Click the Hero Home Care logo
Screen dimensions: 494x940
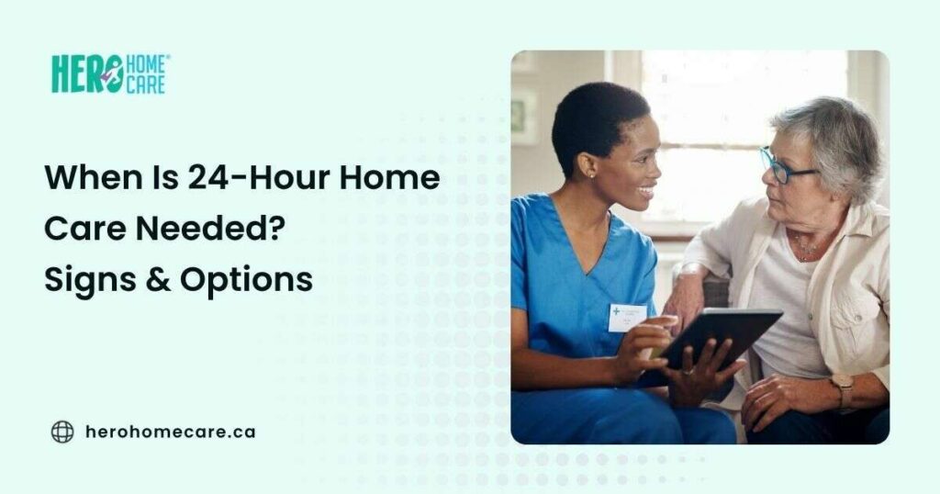[109, 74]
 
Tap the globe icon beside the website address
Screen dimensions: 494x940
[62, 432]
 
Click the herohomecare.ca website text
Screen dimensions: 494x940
[170, 432]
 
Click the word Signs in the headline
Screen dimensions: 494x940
[85, 280]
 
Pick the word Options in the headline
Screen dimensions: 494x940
[256, 280]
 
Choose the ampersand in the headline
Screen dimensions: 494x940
[157, 280]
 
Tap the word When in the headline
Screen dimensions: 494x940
[89, 178]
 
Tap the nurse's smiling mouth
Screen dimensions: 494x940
[647, 192]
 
